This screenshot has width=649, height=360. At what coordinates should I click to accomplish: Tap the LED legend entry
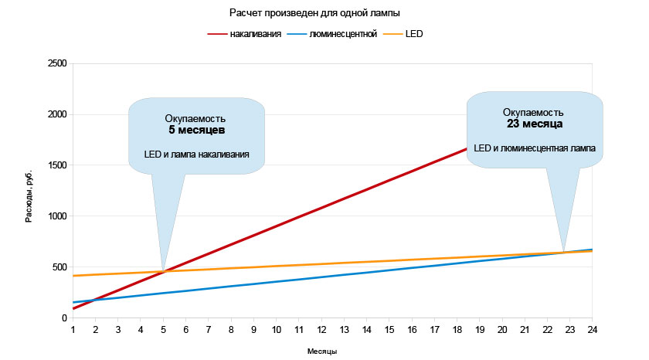(414, 35)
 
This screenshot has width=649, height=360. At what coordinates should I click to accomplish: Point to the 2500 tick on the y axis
(56, 63)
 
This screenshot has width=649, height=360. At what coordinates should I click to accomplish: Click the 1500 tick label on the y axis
(56, 165)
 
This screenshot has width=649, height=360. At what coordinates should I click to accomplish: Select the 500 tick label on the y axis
(59, 267)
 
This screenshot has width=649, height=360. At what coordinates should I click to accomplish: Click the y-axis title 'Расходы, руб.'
(29, 193)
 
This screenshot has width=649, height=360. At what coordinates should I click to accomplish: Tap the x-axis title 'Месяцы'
(322, 352)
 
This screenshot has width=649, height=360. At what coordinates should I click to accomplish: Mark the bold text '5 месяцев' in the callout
(196, 131)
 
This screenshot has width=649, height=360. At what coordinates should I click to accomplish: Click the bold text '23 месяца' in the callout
(534, 124)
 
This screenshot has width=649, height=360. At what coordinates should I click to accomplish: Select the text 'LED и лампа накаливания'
(196, 155)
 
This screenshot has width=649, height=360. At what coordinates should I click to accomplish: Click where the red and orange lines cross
(163, 271)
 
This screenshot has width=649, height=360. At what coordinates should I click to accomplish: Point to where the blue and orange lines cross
(564, 253)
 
